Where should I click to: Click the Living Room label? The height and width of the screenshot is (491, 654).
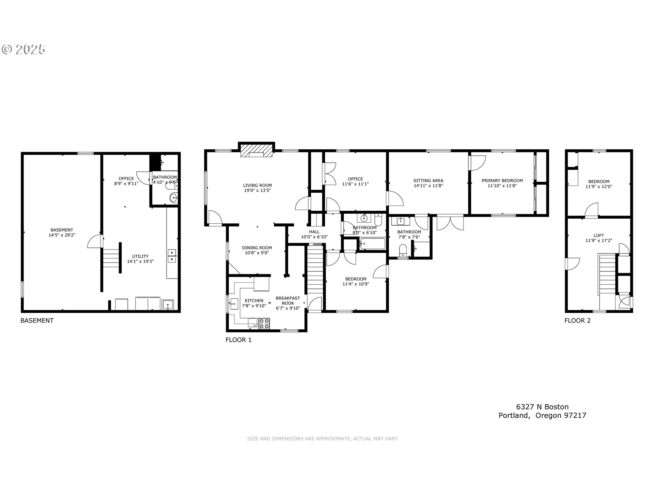pos(258,185)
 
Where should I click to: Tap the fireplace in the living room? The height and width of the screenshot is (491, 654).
pos(256,151)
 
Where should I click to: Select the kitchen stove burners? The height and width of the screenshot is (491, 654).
pos(264,323)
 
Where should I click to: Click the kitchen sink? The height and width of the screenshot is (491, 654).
pos(234,303)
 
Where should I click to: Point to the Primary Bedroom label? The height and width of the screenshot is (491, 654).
pos(502,181)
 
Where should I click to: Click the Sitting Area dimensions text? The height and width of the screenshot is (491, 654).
pos(428,186)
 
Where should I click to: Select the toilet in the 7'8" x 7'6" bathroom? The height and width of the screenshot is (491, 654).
pos(402,250)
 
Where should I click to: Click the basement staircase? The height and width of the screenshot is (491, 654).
pos(111,258)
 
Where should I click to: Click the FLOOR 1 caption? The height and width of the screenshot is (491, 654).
pos(238,340)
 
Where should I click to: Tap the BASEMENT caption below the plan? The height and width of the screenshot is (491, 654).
pos(37,321)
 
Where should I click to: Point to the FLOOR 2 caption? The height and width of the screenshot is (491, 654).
pos(577,321)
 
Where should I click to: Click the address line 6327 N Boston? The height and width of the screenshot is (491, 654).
pos(542,407)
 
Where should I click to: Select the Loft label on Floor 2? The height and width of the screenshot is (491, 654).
pos(598,235)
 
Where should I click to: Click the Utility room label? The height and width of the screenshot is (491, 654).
pos(140,256)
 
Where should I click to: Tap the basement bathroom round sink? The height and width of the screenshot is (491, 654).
pos(174,197)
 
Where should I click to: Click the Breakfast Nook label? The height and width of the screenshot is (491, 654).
pos(288,300)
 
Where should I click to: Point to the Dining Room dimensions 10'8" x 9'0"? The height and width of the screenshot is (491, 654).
pos(257,253)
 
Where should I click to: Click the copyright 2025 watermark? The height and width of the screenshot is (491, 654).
pos(24,49)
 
